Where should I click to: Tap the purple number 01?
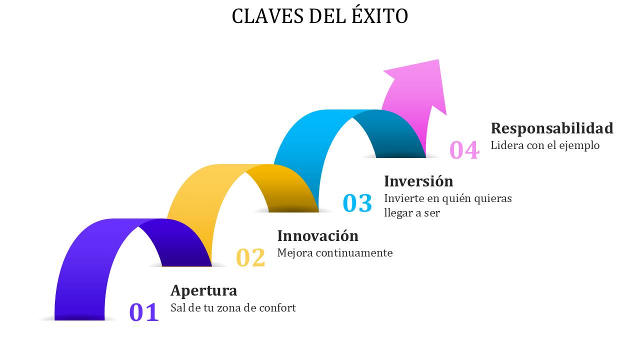click(x=144, y=312)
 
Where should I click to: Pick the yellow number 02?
click(x=250, y=257)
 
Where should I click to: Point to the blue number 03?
click(x=357, y=203)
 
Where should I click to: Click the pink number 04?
click(x=464, y=149)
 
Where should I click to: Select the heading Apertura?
click(x=203, y=290)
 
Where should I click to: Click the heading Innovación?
click(x=317, y=235)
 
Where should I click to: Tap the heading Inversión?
click(x=418, y=181)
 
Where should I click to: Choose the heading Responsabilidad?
click(x=552, y=128)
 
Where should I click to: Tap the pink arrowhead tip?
click(x=438, y=60)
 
